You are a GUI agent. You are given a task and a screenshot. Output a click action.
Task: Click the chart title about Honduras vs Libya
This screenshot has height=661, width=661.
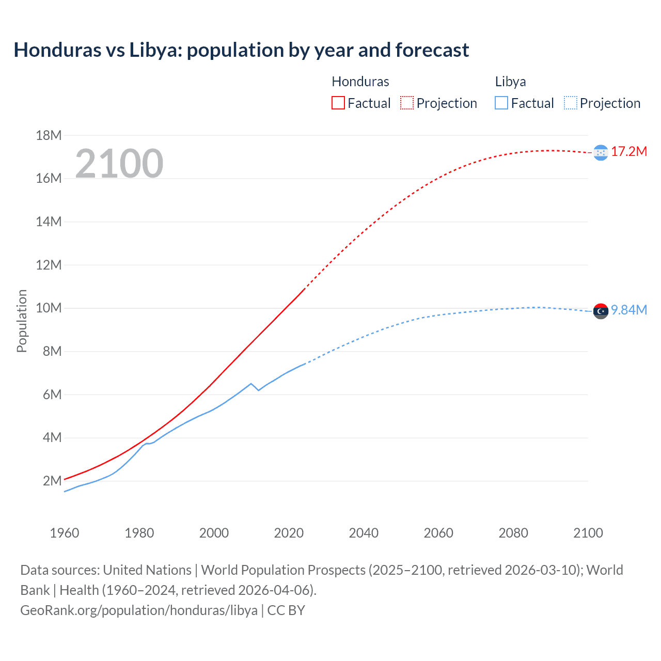[241, 50]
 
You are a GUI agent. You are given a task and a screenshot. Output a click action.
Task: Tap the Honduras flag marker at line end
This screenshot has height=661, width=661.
[601, 152]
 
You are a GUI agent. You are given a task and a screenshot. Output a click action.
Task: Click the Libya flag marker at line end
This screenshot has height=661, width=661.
[601, 311]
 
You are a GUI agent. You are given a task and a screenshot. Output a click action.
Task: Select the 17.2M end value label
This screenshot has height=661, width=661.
[629, 151]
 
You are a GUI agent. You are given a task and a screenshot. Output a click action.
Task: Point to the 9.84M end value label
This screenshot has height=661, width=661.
[629, 310]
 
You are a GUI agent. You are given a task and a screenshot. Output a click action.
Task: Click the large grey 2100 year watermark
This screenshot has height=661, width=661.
[119, 164]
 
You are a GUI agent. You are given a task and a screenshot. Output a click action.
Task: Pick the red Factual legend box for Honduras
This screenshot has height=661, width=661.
[338, 103]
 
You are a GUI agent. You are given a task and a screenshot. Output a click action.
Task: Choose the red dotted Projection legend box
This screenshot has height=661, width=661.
[407, 103]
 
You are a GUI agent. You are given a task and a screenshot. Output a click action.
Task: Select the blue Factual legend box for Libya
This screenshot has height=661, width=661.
[501, 103]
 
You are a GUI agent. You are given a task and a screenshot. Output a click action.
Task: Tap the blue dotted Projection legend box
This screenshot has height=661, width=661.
[570, 103]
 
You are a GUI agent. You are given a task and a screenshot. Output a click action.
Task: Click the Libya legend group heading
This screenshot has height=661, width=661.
[510, 82]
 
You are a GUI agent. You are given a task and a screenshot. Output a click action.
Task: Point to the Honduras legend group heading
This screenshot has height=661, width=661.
[360, 82]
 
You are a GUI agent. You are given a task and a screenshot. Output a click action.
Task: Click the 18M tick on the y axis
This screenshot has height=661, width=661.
[49, 135]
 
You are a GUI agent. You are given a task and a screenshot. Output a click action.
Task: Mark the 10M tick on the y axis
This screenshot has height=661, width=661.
[49, 308]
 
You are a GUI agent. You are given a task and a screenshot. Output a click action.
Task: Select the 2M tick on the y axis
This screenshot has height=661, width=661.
[52, 481]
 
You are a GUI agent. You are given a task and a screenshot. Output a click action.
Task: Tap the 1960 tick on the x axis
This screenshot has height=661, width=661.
[65, 533]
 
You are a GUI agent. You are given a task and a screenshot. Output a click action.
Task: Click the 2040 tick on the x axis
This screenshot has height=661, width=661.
[364, 533]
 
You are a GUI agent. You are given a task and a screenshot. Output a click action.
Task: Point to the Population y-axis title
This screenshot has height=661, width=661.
[22, 321]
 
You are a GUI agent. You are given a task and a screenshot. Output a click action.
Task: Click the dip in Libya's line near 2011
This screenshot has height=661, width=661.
[258, 390]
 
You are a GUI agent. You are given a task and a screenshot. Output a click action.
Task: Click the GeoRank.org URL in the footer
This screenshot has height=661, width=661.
[139, 610]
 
